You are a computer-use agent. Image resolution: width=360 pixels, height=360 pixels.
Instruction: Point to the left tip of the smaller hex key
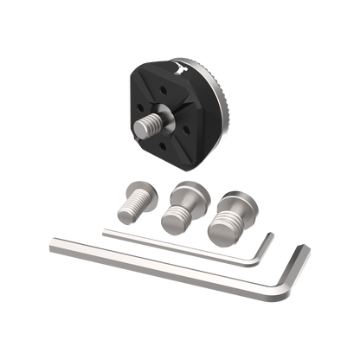104,230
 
